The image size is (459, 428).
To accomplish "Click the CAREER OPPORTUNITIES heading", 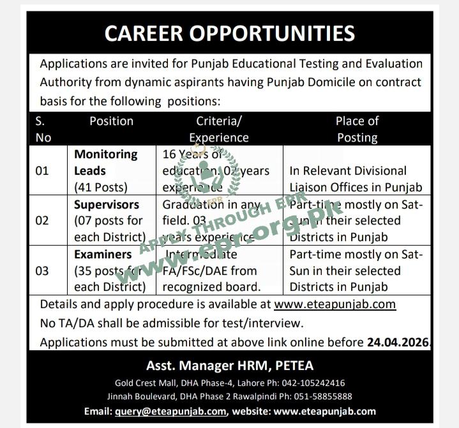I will point(230,33).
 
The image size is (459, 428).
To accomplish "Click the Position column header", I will point(111,121).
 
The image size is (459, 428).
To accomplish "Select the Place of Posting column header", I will point(357,129).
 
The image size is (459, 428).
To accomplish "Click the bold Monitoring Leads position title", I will point(105,163).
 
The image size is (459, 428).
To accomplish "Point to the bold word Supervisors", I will point(106,205).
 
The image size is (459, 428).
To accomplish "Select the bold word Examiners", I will point(102,255).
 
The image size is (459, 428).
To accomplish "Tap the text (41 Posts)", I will point(102,188).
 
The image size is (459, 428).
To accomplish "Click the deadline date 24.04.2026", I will point(398,342).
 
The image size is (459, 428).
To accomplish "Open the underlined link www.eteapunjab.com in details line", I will point(335,304).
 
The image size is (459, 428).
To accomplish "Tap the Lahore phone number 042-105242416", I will point(309,383).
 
